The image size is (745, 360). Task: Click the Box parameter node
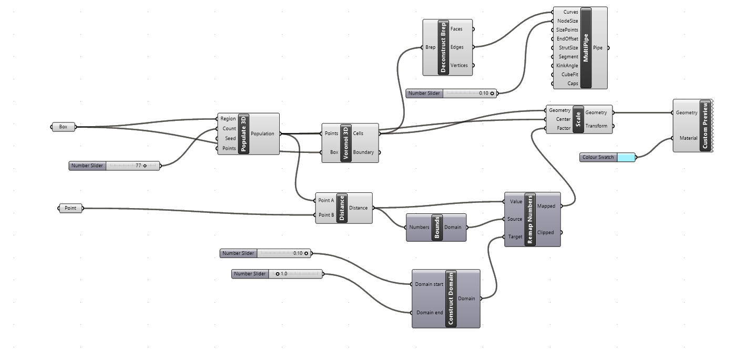click(63, 127)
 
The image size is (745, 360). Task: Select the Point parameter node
click(70, 208)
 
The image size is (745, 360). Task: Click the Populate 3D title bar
click(243, 133)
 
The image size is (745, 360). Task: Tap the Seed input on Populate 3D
click(230, 138)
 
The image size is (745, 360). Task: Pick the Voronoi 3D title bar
click(345, 143)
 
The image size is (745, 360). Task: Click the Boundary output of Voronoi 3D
click(363, 152)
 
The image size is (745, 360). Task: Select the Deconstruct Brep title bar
click(443, 47)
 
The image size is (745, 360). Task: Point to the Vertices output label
click(459, 66)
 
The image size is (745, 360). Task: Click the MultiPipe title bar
click(586, 47)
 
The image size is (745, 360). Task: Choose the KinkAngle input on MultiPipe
click(567, 66)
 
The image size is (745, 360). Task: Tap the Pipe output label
click(598, 48)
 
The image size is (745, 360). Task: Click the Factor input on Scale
click(564, 128)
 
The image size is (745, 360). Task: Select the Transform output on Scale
click(596, 126)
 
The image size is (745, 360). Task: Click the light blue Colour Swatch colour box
click(625, 157)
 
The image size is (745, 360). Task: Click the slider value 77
click(138, 166)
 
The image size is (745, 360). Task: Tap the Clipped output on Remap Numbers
click(545, 232)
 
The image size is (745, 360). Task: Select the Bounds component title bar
click(436, 227)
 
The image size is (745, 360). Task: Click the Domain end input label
click(430, 313)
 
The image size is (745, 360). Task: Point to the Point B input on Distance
click(326, 214)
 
